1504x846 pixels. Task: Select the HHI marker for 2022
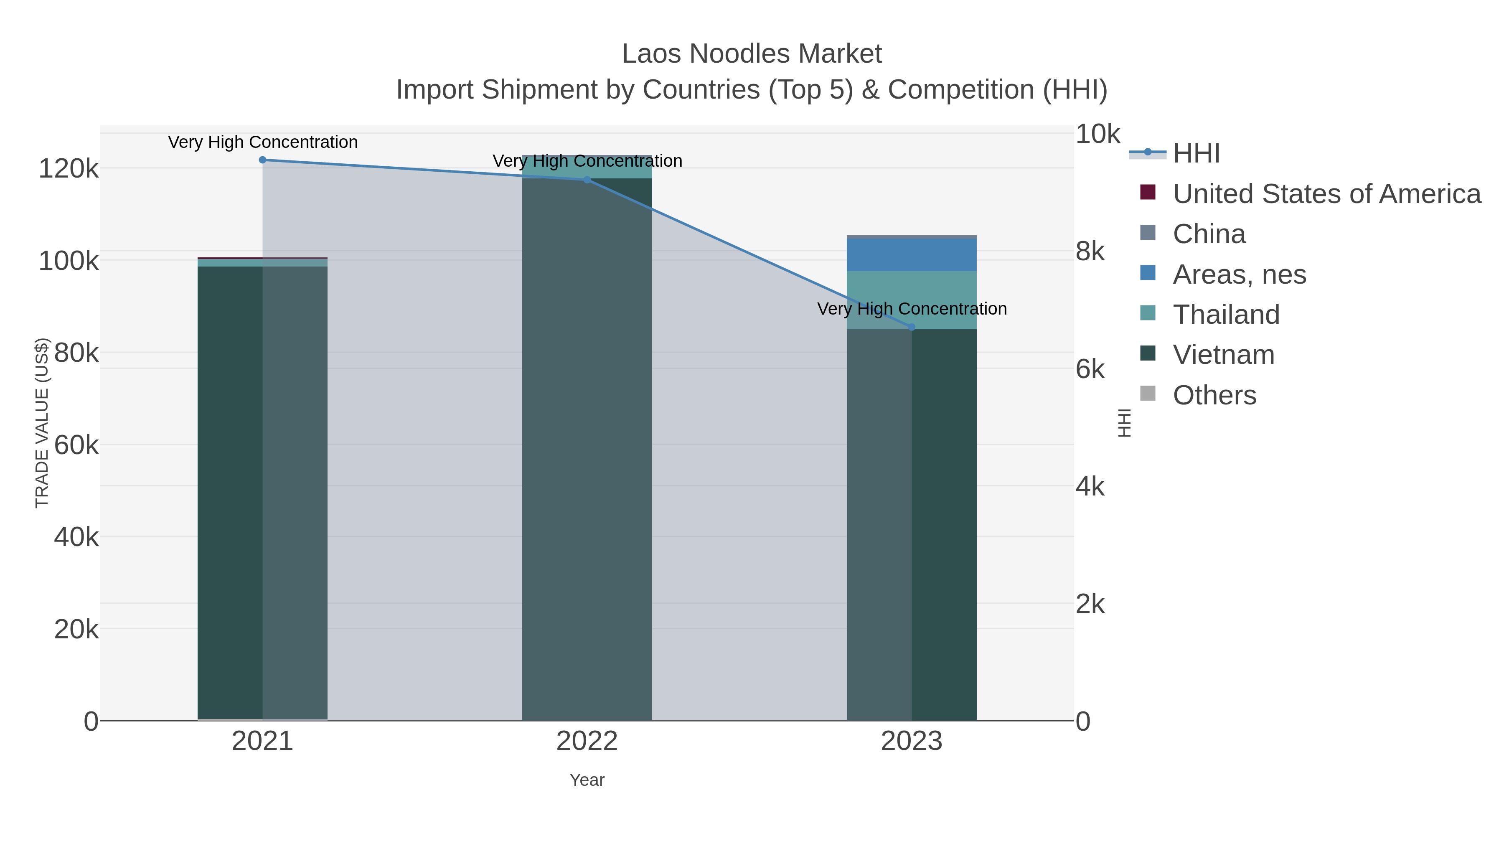point(587,180)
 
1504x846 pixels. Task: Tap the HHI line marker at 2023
point(912,327)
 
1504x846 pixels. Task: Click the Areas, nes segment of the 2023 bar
point(912,254)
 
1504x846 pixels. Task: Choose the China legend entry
point(1209,234)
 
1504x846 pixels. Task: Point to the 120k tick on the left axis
point(69,169)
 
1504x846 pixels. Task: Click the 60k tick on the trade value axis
point(76,445)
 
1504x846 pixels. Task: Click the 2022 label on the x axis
point(587,742)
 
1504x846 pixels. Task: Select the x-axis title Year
point(587,780)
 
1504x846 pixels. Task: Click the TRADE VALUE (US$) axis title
point(42,423)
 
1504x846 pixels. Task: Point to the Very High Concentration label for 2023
point(912,309)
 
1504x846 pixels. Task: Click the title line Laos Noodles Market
point(752,54)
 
